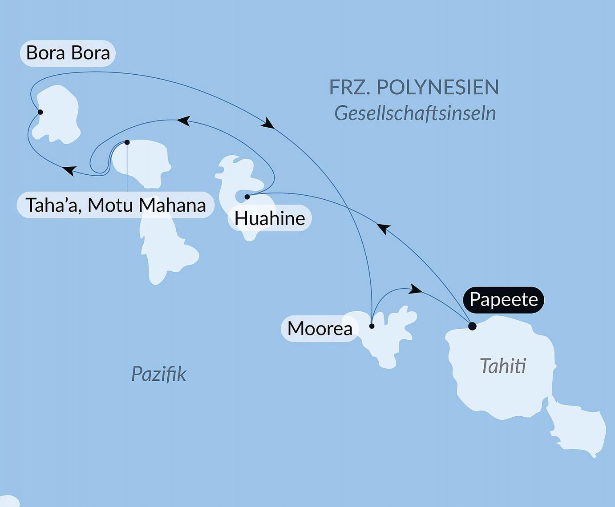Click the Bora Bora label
68,53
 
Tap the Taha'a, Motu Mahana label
115,205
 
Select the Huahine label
270,218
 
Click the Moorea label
320,329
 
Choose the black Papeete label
503,299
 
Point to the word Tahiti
503,366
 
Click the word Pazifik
158,374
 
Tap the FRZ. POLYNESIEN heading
414,87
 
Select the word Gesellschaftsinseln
415,113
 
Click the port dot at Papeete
472,326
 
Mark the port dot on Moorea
372,326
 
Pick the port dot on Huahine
247,197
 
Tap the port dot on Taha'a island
127,142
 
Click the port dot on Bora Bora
40,112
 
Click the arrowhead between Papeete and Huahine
383,228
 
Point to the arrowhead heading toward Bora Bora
69,170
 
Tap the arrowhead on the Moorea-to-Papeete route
415,290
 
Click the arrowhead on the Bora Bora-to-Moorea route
267,123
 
